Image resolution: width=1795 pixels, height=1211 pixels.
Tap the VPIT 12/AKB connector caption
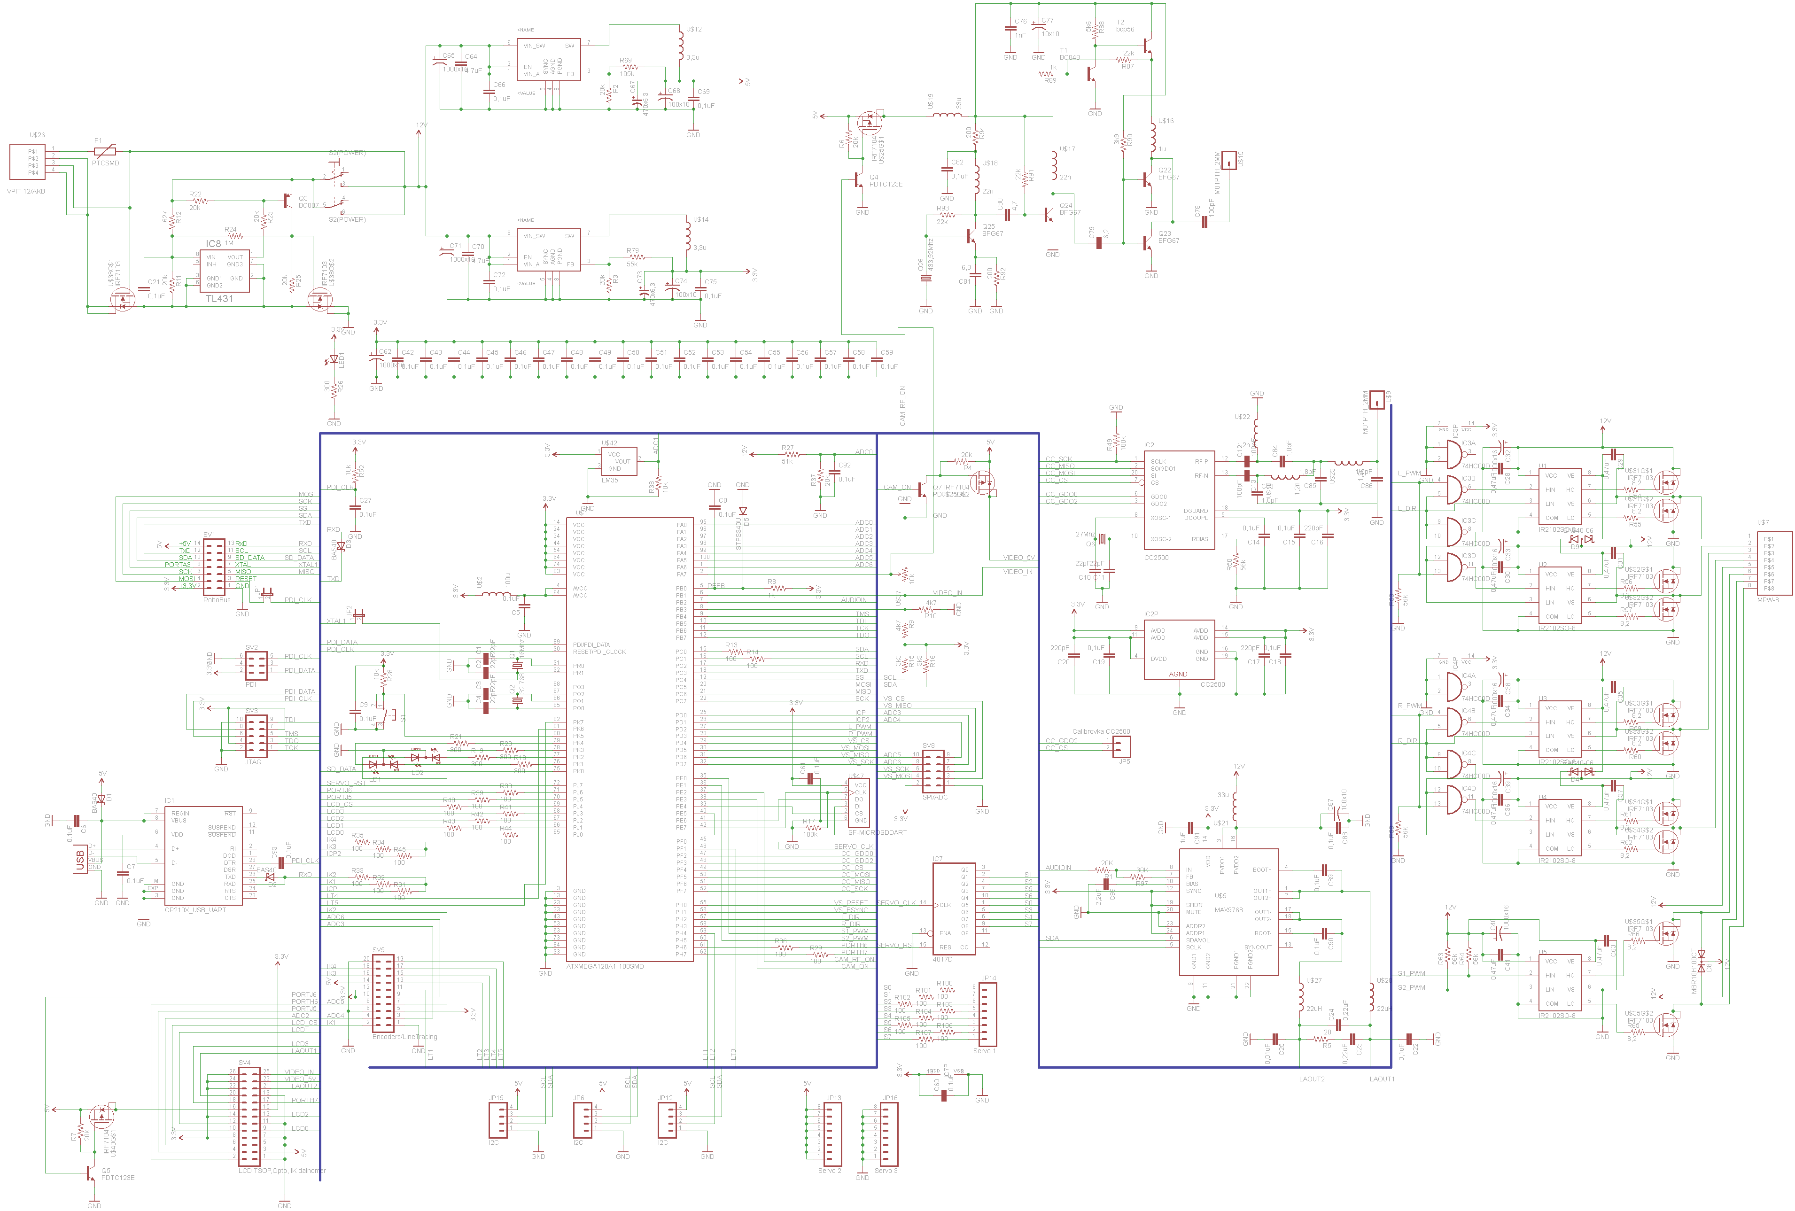[x=26, y=191]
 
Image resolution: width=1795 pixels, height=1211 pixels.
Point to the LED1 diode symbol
[x=334, y=359]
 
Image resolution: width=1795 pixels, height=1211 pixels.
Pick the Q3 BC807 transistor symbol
[x=290, y=200]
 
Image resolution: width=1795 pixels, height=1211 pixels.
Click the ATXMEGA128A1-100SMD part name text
[x=604, y=966]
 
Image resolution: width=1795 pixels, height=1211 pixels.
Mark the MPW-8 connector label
[x=1767, y=599]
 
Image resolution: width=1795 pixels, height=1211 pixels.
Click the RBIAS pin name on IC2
[x=1199, y=539]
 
